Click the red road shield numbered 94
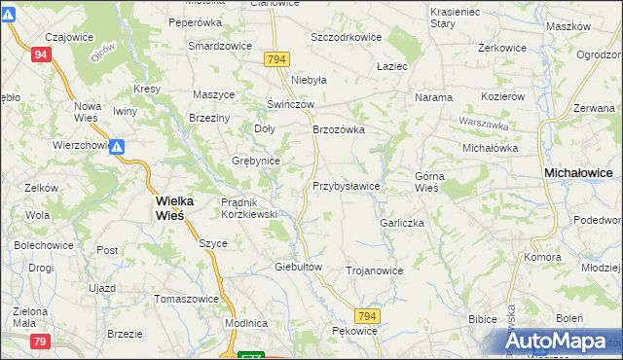point(39,55)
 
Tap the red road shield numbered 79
point(39,341)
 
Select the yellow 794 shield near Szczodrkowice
point(276,59)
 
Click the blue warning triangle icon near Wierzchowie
point(116,148)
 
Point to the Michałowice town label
point(578,171)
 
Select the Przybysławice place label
point(346,185)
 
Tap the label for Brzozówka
point(338,128)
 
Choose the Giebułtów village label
point(299,266)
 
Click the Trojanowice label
point(374,270)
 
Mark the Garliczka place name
point(402,222)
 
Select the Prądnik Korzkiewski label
point(249,207)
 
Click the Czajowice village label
point(55,37)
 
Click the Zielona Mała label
point(23,316)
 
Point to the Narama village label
point(433,97)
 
